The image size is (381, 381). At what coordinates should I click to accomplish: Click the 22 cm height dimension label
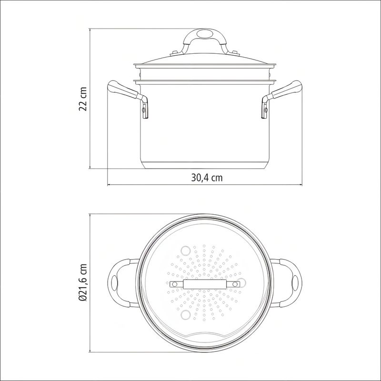coord(83,99)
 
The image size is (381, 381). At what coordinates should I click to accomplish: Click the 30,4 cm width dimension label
coord(207,178)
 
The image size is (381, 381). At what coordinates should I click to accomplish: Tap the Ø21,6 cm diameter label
coord(83,282)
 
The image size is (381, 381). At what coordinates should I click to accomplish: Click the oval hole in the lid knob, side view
coord(204,33)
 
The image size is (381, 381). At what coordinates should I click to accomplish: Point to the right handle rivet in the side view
coord(266,110)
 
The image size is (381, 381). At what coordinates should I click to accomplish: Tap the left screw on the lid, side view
coord(174,52)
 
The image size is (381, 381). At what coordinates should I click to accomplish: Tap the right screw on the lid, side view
coord(235,52)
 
